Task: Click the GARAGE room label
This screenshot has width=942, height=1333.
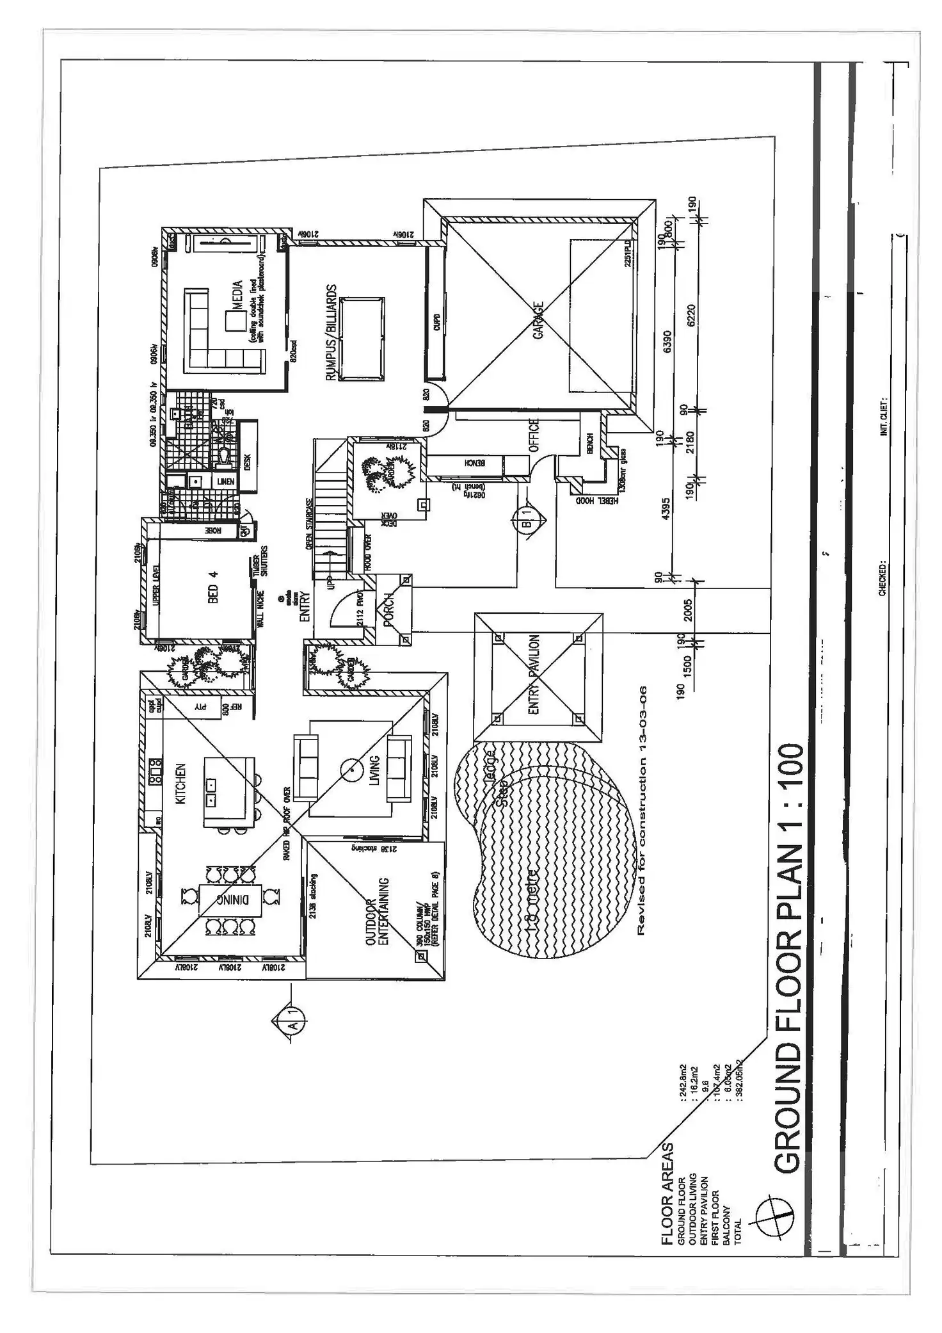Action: [538, 321]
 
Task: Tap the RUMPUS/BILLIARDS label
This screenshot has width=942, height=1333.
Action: [331, 333]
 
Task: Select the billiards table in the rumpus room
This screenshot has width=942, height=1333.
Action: [363, 339]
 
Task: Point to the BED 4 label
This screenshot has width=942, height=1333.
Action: [214, 586]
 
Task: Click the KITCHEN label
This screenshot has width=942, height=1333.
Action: [181, 784]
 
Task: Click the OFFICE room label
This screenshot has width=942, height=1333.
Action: [534, 436]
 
